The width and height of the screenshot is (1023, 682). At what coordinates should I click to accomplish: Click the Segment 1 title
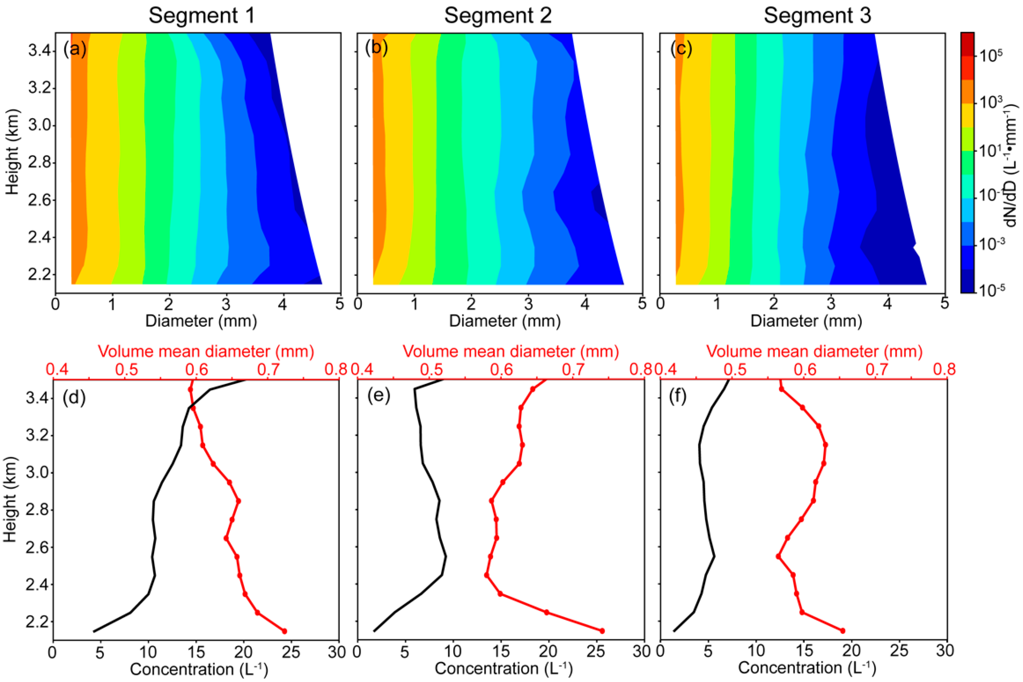(201, 16)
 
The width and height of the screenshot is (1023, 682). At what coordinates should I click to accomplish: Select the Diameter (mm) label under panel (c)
(806, 321)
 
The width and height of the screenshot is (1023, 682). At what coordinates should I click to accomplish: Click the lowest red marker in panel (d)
(285, 631)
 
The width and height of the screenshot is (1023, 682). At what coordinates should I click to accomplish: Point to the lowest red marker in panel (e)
(602, 631)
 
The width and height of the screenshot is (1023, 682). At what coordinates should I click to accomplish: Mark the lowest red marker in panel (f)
(842, 630)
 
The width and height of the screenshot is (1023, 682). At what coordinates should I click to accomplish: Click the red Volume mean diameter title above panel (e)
(511, 351)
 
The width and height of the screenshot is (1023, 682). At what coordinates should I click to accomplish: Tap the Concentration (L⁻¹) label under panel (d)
(198, 669)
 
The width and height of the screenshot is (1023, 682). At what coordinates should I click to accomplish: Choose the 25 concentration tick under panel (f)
(899, 651)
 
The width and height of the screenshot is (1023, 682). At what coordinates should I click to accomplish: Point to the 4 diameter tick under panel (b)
(585, 303)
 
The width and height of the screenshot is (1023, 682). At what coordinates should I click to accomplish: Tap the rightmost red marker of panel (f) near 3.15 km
(825, 445)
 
